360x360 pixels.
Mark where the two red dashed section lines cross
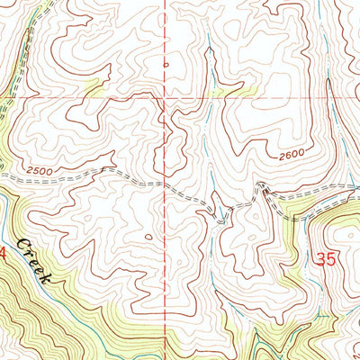pyautogui.click(x=166, y=94)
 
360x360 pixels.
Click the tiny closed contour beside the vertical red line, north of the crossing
pyautogui.click(x=165, y=64)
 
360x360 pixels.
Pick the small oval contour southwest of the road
pyautogui.click(x=148, y=237)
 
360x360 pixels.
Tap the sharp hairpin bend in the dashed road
pyautogui.click(x=261, y=186)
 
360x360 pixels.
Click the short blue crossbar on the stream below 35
pyautogui.click(x=323, y=317)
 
